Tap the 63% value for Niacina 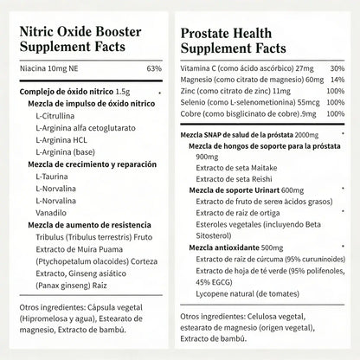click(x=154, y=68)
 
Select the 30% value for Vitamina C click(x=337, y=68)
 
